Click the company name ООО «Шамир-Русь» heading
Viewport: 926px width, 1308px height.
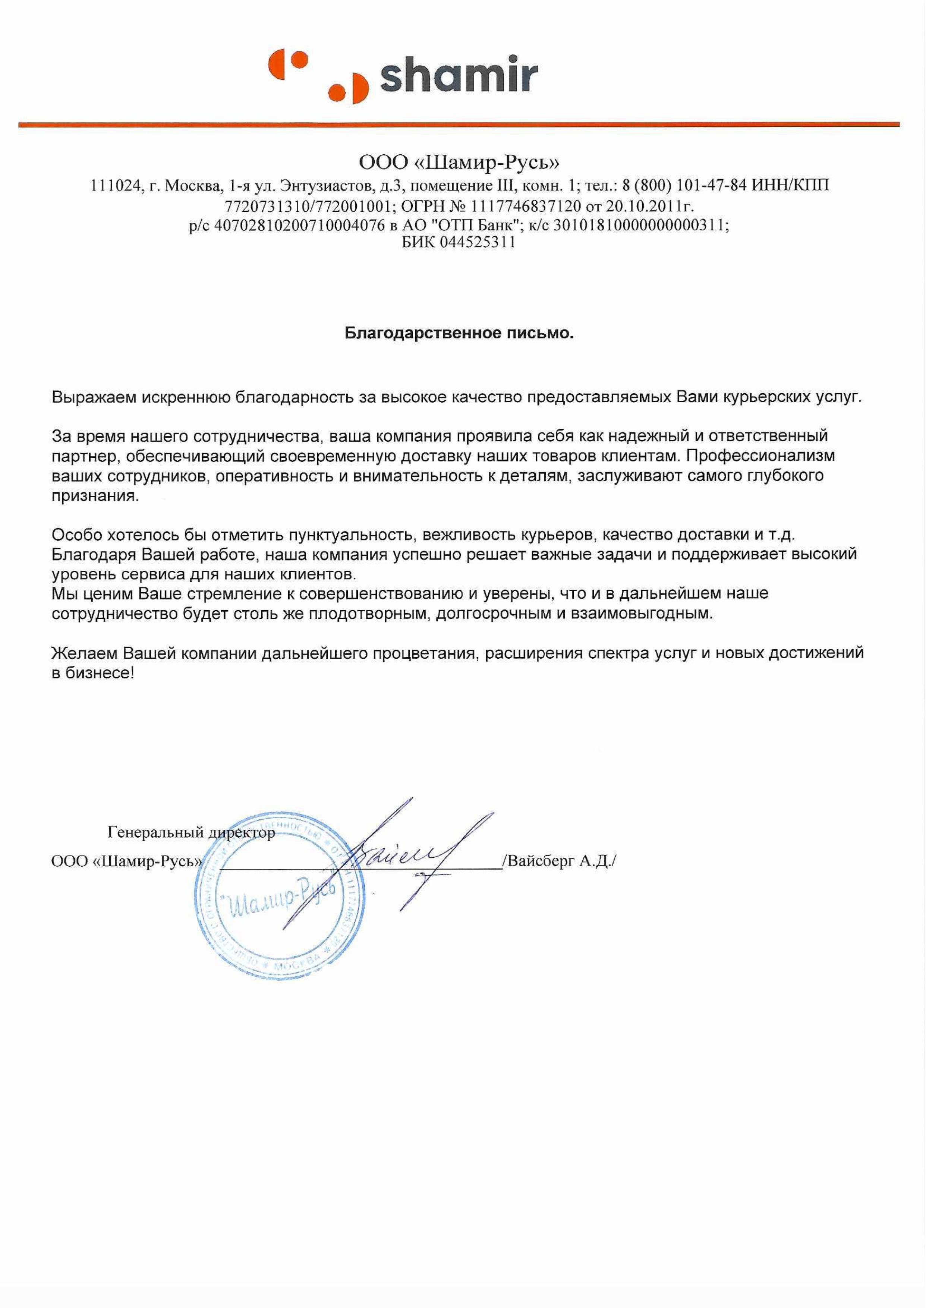459,164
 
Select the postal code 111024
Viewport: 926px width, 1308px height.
116,186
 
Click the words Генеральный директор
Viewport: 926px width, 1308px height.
191,833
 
